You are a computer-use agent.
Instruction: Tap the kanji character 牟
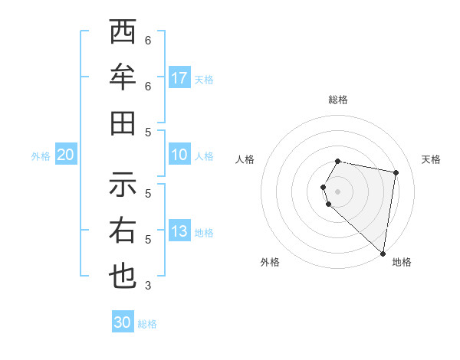tap(123, 77)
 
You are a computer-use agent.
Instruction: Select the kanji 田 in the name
tap(123, 123)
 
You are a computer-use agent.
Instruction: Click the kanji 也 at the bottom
tap(123, 276)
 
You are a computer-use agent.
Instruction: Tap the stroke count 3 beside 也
tap(148, 286)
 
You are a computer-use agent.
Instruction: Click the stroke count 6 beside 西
tap(148, 40)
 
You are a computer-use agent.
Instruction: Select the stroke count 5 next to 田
tap(148, 132)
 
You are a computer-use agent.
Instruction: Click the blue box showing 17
tap(179, 78)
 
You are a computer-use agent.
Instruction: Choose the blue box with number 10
tap(179, 155)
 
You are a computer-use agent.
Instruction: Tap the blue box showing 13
tap(179, 231)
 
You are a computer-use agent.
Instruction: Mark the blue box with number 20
tap(65, 155)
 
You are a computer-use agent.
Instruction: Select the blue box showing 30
tap(123, 322)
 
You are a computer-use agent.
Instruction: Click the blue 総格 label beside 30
tap(148, 324)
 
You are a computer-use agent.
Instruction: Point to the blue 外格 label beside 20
tap(41, 156)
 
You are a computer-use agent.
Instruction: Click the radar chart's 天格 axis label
tap(431, 159)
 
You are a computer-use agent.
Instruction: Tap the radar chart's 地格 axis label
tap(402, 262)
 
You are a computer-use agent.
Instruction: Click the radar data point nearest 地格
tap(383, 253)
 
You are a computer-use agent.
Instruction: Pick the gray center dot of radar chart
tap(337, 191)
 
